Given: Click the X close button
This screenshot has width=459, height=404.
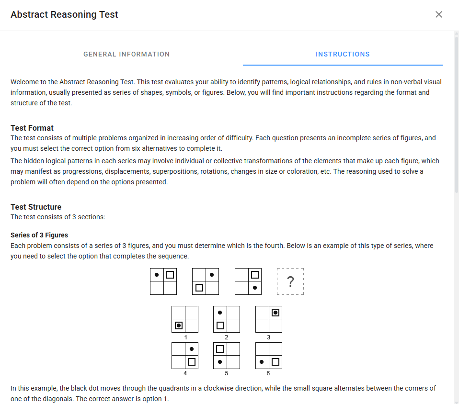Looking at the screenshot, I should point(438,14).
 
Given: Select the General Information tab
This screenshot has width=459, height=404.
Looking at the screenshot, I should point(126,54).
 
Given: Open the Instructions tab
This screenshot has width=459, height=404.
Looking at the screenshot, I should point(343,54).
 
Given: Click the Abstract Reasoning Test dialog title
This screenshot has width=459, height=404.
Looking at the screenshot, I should point(64,14).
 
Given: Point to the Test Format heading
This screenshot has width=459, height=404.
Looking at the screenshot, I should point(32,128).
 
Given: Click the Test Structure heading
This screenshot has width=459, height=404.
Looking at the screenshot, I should point(36,207).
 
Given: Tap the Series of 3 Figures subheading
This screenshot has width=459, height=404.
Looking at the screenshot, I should point(39,235).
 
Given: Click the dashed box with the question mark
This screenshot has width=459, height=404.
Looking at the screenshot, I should point(290,281).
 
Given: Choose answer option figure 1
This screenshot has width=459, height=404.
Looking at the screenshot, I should point(185,319).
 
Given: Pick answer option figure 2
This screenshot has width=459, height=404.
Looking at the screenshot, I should point(227,319).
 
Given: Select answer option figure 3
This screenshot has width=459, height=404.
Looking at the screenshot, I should point(269,319).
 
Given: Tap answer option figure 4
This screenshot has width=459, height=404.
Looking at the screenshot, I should point(185,356).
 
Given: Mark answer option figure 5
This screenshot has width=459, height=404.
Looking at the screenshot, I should point(227,356).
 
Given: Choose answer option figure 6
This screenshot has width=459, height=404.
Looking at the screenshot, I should point(269,356).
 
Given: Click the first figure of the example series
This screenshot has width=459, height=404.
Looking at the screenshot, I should point(163,281).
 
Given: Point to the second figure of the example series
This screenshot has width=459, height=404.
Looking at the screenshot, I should point(206,281).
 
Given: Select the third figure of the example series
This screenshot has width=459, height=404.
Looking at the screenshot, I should point(248,281).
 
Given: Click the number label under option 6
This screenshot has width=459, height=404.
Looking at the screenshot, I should point(268,373).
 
